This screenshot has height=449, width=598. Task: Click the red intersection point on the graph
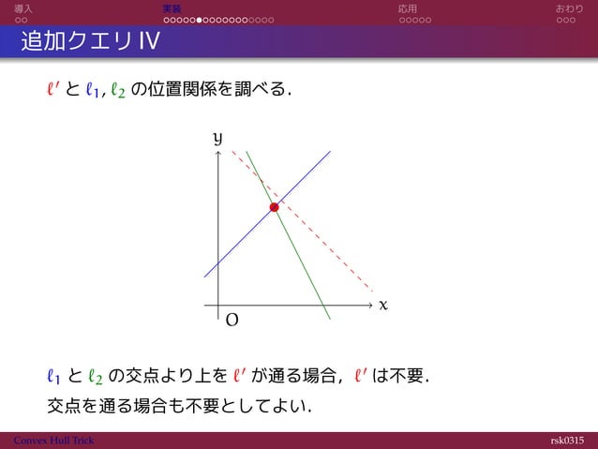pyautogui.click(x=274, y=207)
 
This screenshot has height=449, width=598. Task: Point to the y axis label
pyautogui.click(x=217, y=139)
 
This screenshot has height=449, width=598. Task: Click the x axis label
pyautogui.click(x=382, y=306)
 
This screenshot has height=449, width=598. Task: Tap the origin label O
pyautogui.click(x=232, y=321)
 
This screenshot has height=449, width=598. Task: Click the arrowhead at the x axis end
pyautogui.click(x=370, y=306)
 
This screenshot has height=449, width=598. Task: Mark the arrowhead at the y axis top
pyautogui.click(x=217, y=156)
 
